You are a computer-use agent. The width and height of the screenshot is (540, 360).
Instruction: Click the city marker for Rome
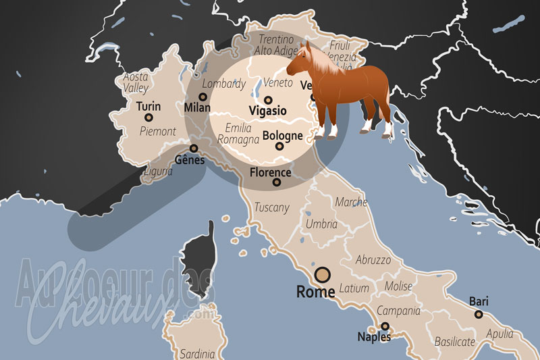point(323,274)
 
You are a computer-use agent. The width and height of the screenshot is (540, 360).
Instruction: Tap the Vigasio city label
point(267,110)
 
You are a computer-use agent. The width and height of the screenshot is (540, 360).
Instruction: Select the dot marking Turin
point(148,118)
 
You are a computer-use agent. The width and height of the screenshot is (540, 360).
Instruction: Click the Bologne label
point(282,135)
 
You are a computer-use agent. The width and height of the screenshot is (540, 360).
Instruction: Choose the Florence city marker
point(275,182)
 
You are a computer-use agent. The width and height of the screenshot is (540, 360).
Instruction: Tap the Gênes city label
point(190,160)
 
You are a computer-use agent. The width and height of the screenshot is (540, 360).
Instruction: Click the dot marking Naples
point(385,326)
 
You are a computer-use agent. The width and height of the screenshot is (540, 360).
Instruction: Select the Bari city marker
point(479,314)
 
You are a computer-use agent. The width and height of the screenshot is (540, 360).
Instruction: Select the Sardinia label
point(197,353)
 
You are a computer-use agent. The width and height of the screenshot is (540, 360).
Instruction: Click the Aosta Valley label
point(136,82)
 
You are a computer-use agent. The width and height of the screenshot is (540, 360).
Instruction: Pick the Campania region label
point(398,311)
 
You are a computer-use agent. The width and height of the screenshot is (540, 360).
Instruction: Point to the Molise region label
point(398,286)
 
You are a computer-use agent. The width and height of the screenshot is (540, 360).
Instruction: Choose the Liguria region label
point(158,172)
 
